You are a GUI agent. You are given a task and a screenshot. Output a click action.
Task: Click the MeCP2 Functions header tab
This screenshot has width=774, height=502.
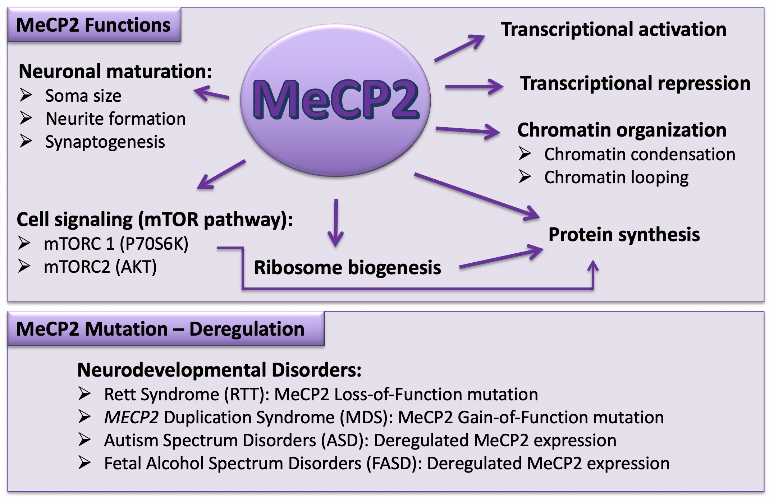[94, 25]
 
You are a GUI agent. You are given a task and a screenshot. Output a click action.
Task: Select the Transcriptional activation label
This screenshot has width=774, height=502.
[613, 29]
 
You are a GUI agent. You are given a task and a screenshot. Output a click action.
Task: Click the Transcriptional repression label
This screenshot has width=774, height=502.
[635, 84]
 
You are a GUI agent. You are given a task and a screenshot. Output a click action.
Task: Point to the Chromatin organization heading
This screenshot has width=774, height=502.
[622, 130]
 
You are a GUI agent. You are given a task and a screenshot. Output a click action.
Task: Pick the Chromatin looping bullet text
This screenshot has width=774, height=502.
[616, 178]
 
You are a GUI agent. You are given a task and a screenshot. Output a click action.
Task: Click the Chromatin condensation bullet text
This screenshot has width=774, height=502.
[640, 155]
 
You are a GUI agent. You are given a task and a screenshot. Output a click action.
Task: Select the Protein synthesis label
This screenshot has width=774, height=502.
[624, 235]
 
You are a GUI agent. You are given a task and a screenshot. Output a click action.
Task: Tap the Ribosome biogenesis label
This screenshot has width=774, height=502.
[347, 268]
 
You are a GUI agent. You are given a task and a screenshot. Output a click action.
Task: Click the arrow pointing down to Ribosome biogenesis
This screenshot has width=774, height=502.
[336, 223]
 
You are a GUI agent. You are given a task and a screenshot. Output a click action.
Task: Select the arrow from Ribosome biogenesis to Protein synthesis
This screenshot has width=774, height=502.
[502, 257]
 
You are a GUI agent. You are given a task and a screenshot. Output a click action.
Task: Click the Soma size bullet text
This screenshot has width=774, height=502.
[83, 96]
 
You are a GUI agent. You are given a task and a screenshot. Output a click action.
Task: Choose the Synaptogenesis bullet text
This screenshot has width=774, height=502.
[105, 142]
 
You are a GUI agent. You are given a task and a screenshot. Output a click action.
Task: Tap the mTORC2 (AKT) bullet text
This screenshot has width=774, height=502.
[100, 267]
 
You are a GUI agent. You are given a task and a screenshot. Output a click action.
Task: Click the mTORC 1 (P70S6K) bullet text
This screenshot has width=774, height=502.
[116, 244]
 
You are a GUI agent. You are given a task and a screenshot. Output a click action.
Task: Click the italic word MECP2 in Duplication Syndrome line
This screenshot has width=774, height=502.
[131, 418]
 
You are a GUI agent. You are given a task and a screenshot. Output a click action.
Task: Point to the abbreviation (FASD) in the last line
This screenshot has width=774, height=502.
[394, 464]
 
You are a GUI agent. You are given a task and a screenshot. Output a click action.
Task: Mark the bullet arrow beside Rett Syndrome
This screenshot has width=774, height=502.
[85, 394]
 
